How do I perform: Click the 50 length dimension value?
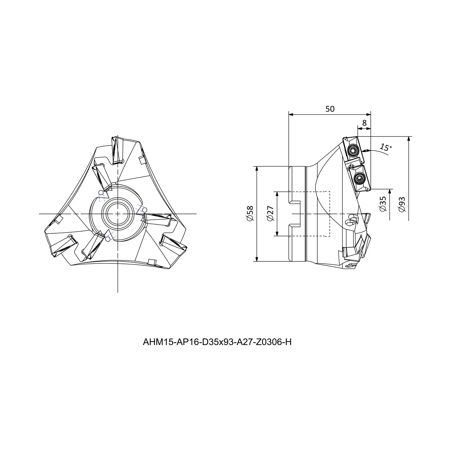[330, 109]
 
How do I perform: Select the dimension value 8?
[364, 123]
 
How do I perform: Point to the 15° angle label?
[386, 147]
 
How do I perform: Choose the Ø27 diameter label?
[270, 214]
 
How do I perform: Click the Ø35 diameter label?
[383, 204]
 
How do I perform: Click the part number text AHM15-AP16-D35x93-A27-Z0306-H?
[217, 342]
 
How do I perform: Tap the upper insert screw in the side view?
[352, 151]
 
